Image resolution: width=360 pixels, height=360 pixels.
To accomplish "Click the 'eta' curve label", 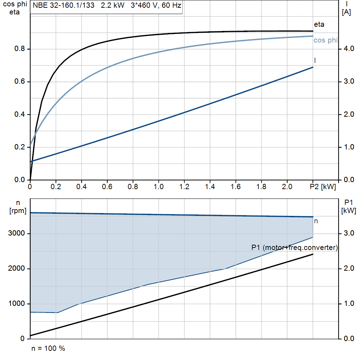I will (319, 25).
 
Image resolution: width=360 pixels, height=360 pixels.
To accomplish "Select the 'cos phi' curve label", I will (325, 40).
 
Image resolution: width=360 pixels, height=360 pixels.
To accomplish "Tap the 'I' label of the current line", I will (315, 60).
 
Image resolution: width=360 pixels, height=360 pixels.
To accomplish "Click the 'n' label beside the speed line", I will (316, 221).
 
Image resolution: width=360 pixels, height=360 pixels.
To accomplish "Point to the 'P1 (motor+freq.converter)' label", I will (295, 247).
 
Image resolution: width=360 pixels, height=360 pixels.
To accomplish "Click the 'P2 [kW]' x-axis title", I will (323, 187).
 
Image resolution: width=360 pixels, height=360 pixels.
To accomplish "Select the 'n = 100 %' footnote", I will (48, 349).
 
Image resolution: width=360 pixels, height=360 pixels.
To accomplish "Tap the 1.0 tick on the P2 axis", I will (159, 187).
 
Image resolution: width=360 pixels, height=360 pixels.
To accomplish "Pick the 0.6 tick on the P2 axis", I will (107, 187).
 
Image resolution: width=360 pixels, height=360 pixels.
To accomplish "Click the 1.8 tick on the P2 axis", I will (262, 187).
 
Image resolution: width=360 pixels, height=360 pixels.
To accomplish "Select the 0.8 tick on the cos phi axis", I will (19, 49).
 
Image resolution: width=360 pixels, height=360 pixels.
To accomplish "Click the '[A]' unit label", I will (347, 13).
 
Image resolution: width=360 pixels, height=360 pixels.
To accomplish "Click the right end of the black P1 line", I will (313, 254).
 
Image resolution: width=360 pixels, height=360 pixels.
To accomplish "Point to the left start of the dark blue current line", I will (31, 161).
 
